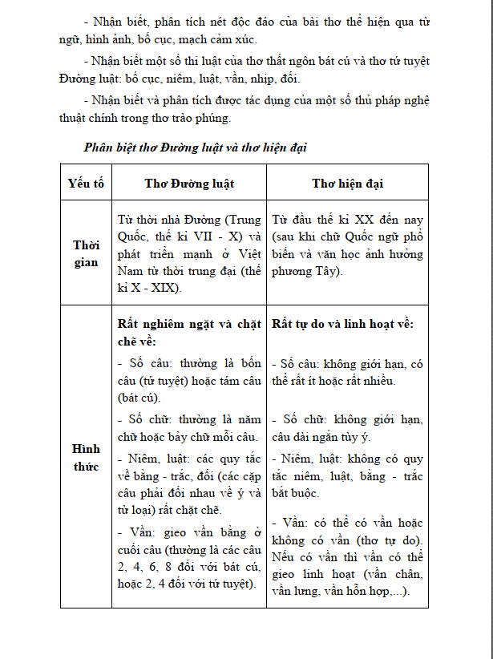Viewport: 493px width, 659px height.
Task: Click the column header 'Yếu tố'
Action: tap(86, 183)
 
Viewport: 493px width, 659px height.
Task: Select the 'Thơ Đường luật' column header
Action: tap(189, 183)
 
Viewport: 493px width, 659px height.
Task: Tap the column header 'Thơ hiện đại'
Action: tap(347, 183)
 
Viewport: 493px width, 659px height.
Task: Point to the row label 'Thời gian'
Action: tap(86, 253)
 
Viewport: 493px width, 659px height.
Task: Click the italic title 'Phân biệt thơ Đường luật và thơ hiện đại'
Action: tap(196, 148)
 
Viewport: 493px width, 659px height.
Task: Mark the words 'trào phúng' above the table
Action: tap(203, 119)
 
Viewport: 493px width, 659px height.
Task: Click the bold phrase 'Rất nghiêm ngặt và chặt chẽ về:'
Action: tap(189, 332)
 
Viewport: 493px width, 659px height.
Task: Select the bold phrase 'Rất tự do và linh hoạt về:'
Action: tap(342, 324)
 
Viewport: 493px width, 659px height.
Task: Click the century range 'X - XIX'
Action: tap(155, 288)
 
